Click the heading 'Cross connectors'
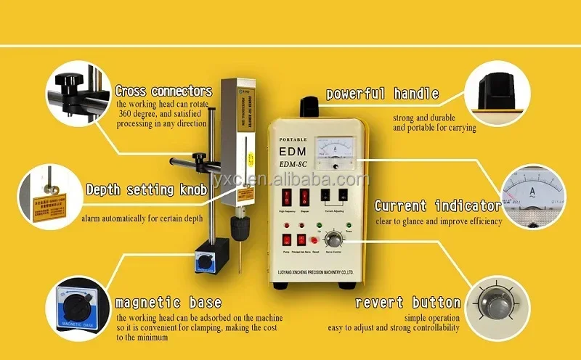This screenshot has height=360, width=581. click(x=163, y=91)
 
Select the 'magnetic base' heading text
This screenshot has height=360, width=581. click(x=168, y=302)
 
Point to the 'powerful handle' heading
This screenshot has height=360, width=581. click(x=382, y=94)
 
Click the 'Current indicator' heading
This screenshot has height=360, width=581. click(x=437, y=205)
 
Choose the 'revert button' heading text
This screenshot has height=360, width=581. click(x=407, y=302)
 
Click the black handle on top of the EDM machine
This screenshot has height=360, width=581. click(x=310, y=108)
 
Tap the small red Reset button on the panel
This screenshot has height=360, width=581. click(x=314, y=240)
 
